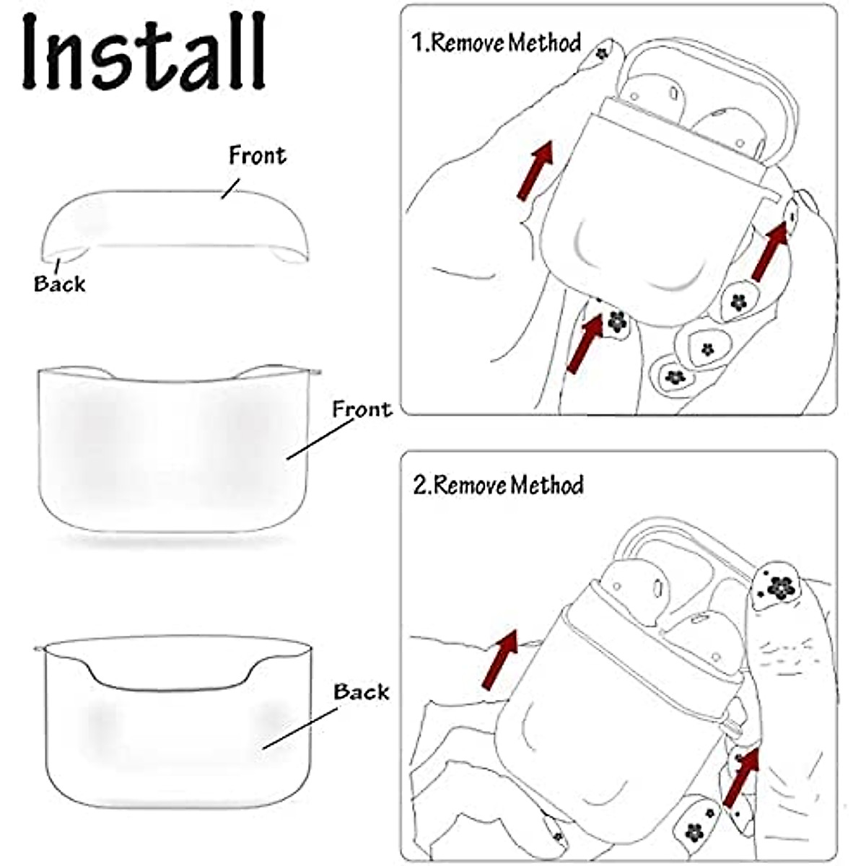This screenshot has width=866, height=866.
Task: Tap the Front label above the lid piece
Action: pos(257,154)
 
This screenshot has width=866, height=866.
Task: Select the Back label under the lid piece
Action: pos(59,284)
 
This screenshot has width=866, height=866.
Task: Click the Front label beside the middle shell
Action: pos(361,409)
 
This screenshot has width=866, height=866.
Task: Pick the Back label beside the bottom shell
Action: pos(361,691)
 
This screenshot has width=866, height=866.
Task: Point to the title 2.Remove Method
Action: pos(498,484)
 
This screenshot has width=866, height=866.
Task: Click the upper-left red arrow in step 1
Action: pos(535,170)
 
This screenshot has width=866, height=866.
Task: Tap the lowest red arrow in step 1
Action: pos(585,343)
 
